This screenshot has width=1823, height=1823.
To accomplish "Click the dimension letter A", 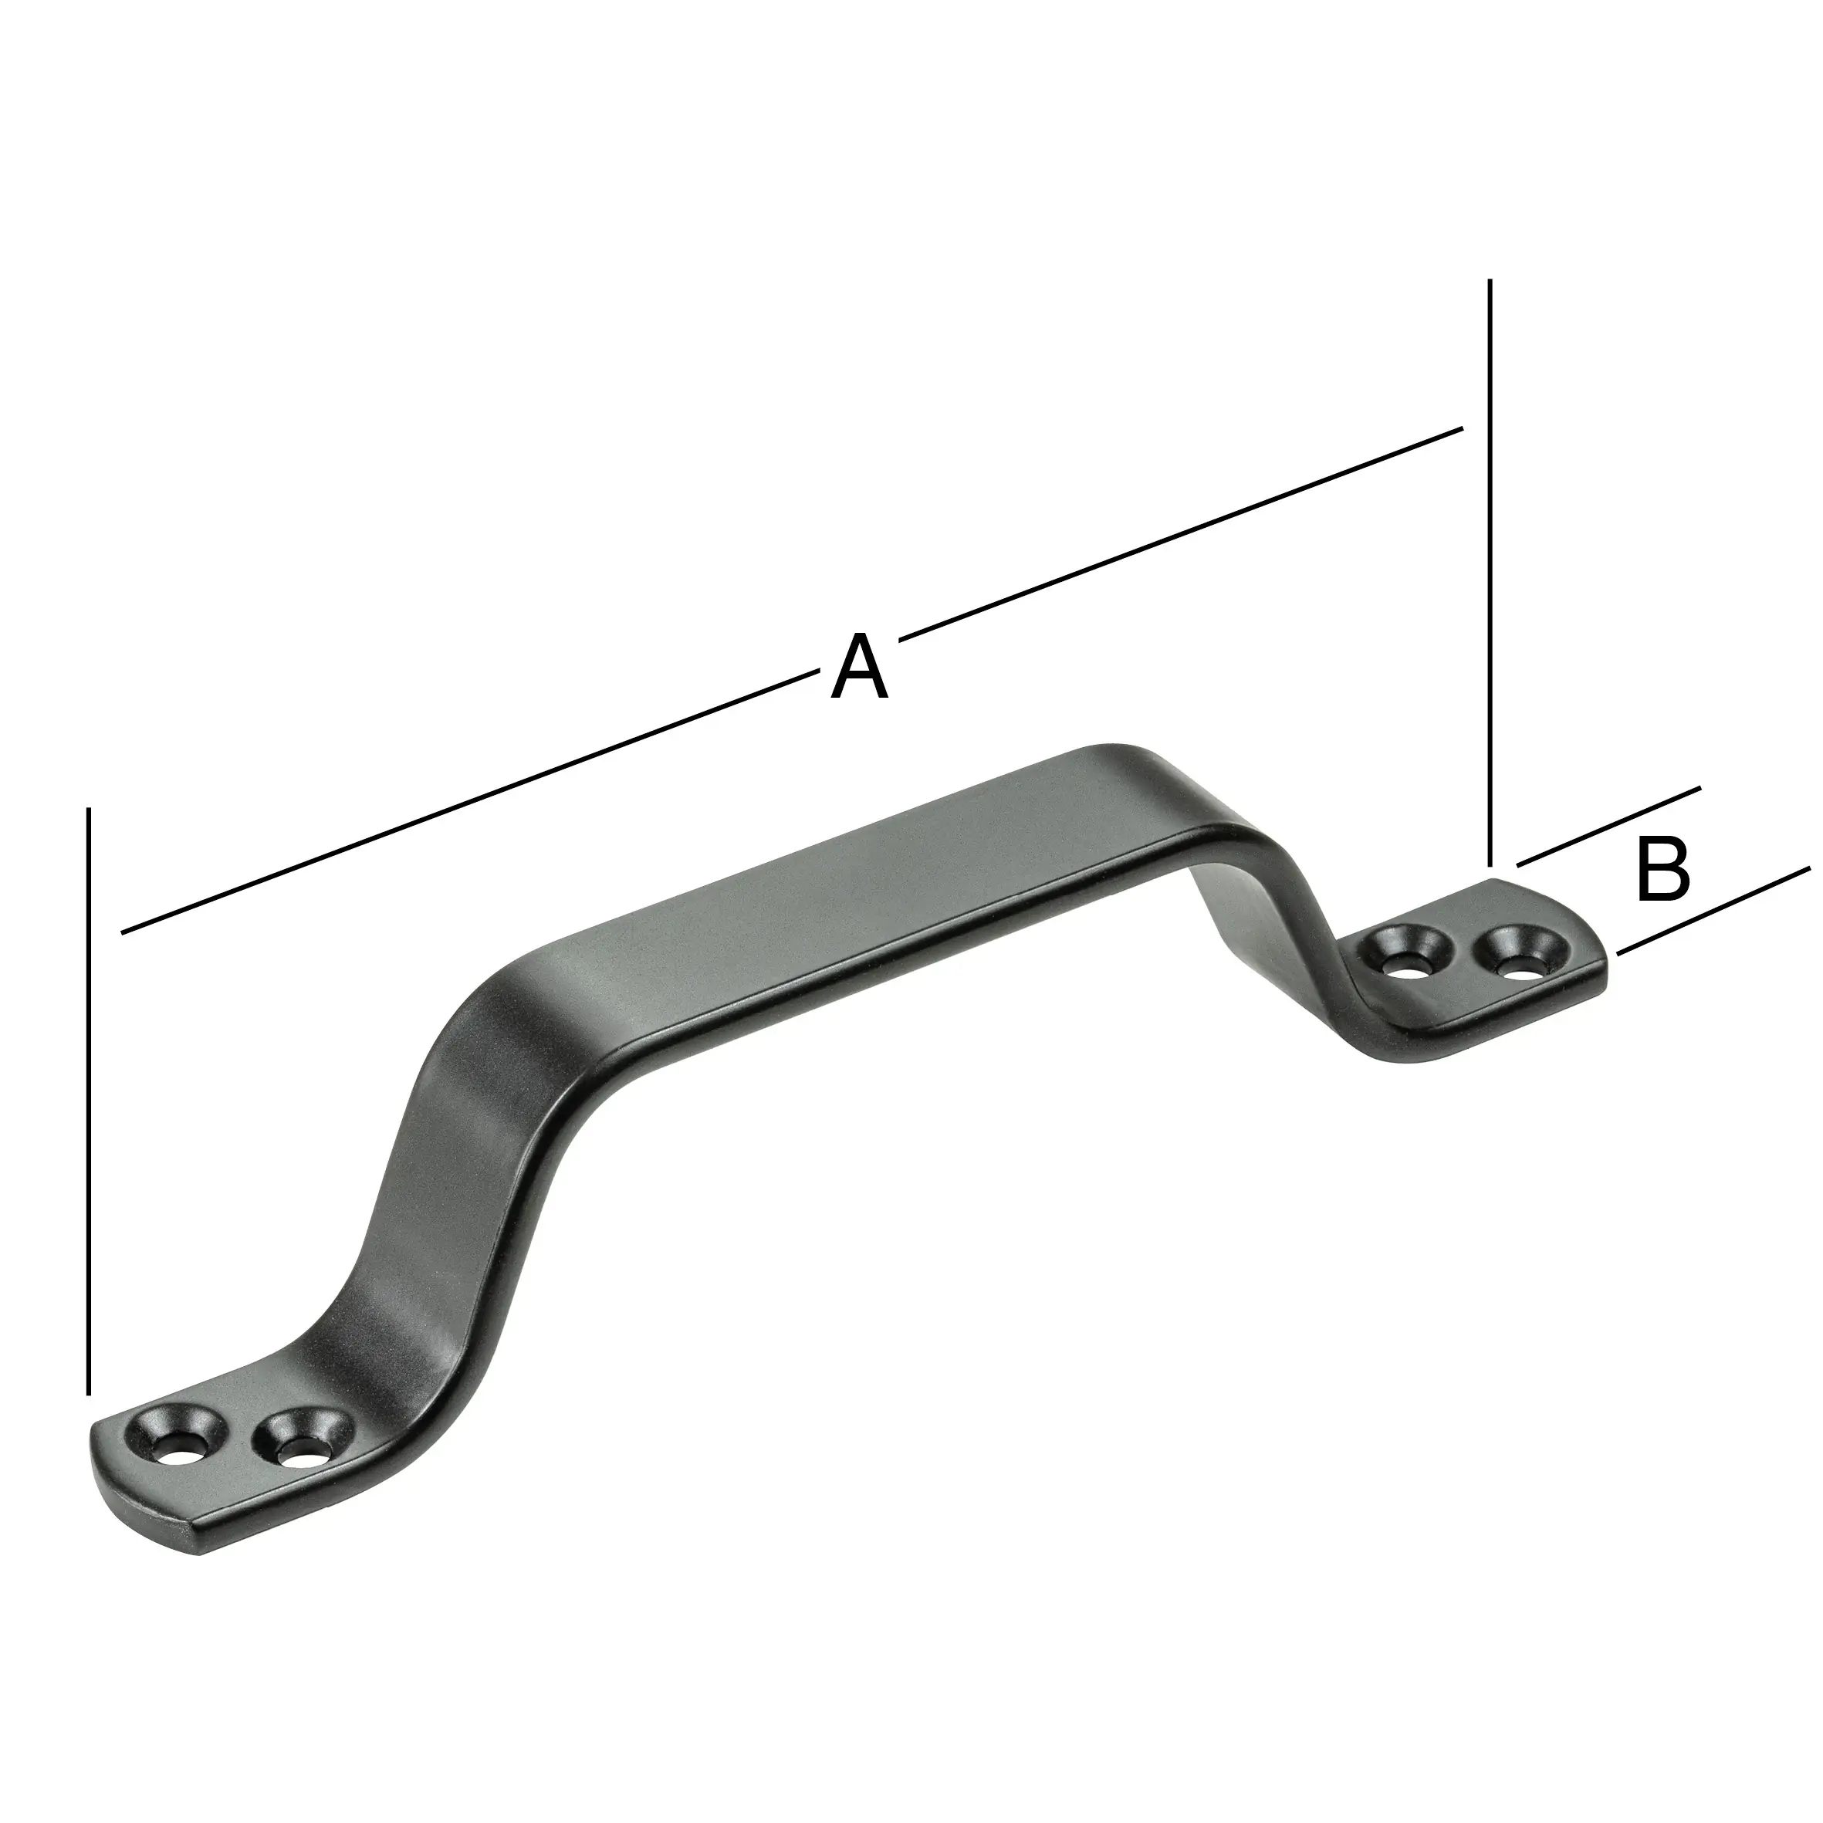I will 859,669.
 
